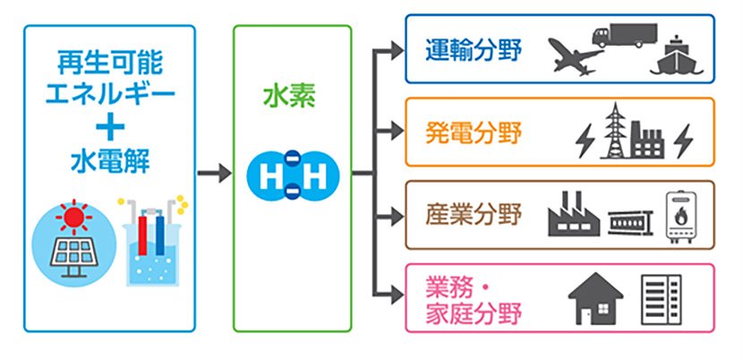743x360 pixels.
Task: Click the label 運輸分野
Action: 474,46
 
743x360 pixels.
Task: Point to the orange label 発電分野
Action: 474,136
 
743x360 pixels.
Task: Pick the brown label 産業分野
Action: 474,214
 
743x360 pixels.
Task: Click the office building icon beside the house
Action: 662,301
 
